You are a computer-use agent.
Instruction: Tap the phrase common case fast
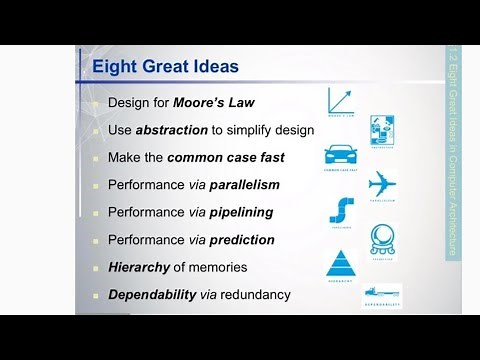pyautogui.click(x=226, y=158)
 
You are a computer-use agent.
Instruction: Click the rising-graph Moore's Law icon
pyautogui.click(x=342, y=101)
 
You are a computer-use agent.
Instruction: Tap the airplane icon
pyautogui.click(x=383, y=184)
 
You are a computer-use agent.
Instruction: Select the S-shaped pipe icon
pyautogui.click(x=341, y=211)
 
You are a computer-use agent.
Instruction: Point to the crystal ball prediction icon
pyautogui.click(x=383, y=239)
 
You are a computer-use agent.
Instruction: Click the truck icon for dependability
pyautogui.click(x=382, y=291)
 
